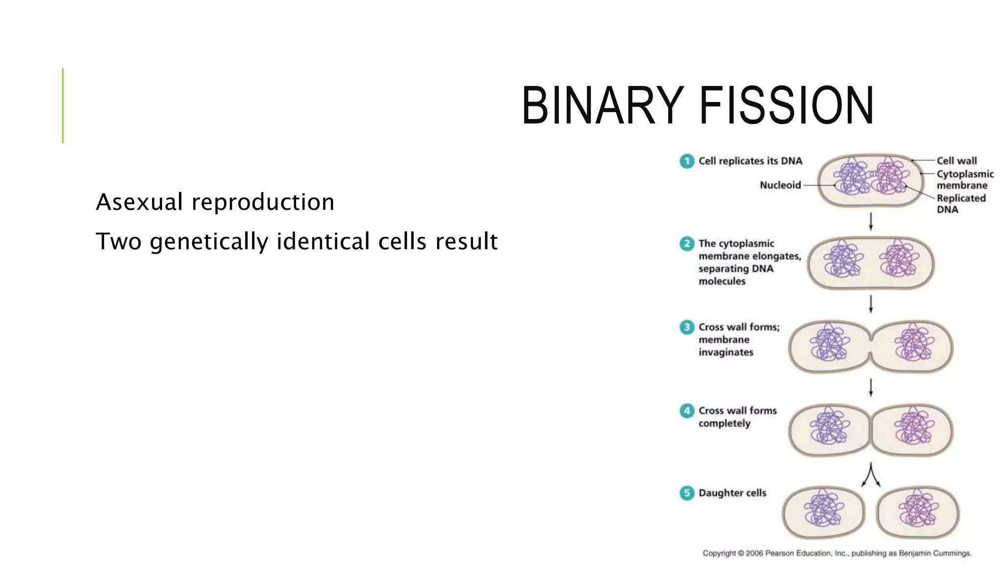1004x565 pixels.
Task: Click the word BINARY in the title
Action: coord(602,105)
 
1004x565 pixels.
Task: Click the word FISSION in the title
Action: coord(786,105)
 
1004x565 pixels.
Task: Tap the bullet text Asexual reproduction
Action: coord(215,202)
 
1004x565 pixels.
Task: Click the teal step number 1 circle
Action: coord(687,161)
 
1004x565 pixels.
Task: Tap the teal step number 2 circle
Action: coord(687,244)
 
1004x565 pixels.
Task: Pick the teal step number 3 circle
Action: coord(687,327)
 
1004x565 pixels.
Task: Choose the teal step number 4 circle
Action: coord(687,411)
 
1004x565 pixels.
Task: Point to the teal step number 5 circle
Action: coord(687,493)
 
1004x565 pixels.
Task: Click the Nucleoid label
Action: coord(780,185)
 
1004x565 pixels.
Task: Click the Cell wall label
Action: coord(956,161)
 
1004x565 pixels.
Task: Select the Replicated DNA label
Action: coord(960,204)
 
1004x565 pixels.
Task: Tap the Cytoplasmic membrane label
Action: coord(964,180)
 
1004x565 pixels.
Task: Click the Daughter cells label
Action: coord(732,493)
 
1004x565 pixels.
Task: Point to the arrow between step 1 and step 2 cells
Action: coord(871,222)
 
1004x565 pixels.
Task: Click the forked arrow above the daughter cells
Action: coord(871,475)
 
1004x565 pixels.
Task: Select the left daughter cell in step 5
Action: coord(824,513)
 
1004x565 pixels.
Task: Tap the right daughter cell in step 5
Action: coord(918,513)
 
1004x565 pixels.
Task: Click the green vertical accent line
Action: coord(63,105)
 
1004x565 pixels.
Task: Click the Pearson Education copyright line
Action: coord(837,553)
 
